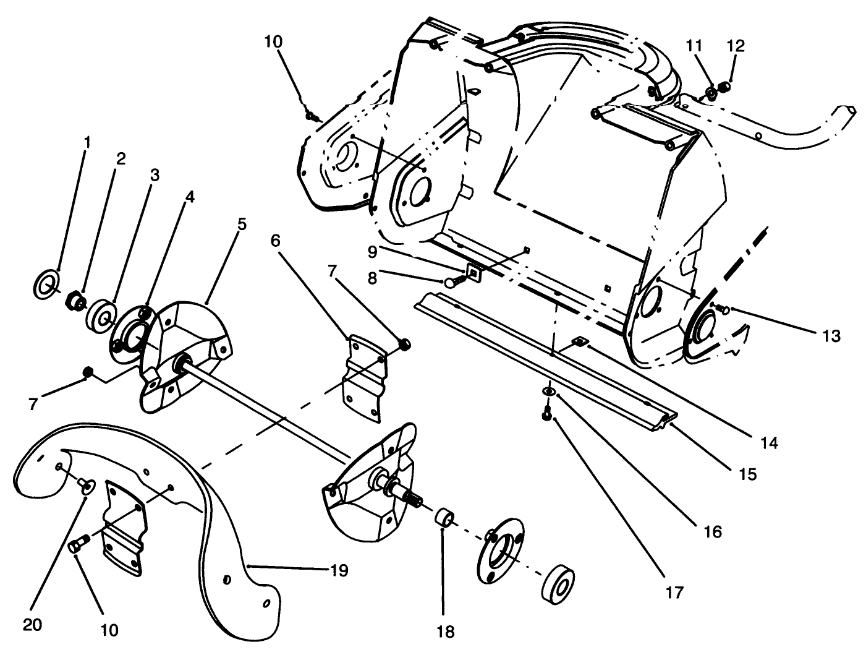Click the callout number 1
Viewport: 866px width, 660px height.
click(x=87, y=142)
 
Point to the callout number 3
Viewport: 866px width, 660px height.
click(x=154, y=176)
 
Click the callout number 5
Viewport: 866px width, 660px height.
click(x=241, y=223)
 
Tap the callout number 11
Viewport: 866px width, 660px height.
click(x=694, y=46)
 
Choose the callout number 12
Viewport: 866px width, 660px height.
click(x=736, y=46)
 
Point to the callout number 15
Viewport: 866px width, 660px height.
click(x=747, y=474)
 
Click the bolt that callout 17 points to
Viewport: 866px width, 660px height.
click(x=547, y=416)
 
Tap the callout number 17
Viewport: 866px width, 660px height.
click(x=674, y=592)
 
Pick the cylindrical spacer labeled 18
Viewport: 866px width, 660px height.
click(x=444, y=516)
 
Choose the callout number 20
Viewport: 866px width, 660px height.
click(x=32, y=625)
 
